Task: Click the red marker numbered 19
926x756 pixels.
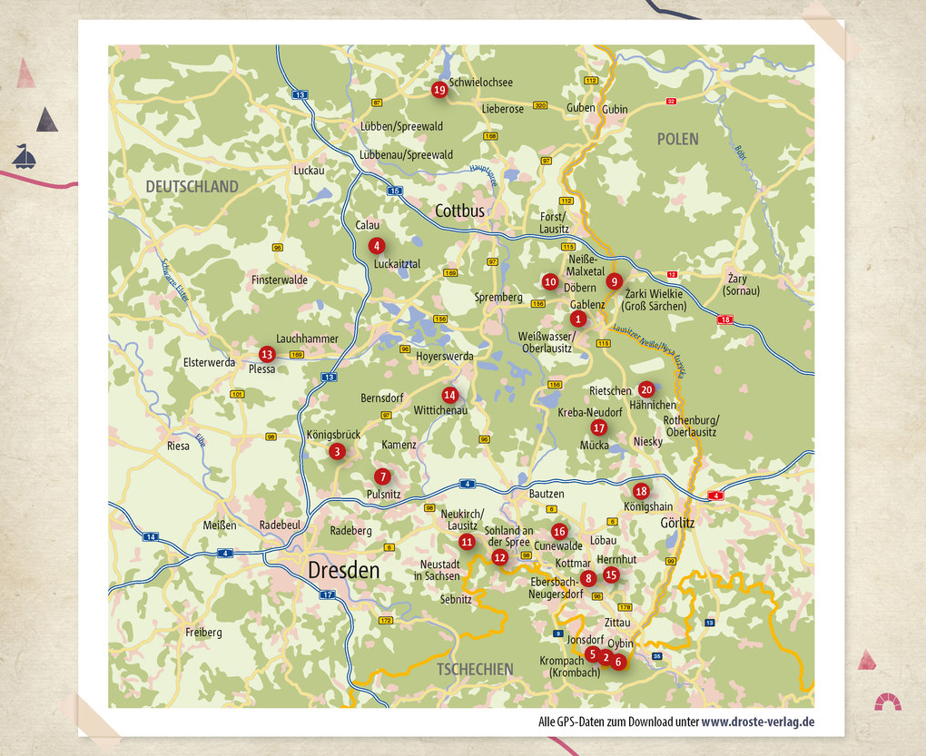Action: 439,89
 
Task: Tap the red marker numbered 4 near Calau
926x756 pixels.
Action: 376,245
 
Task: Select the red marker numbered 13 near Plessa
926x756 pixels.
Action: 266,354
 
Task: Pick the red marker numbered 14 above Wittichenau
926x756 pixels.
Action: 449,395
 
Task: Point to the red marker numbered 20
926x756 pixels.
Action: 646,389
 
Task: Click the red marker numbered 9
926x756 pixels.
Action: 615,281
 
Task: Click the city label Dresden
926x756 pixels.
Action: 343,571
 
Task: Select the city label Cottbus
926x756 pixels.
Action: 459,211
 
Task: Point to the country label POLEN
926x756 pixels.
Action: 678,139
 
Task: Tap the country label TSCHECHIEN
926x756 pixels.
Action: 475,669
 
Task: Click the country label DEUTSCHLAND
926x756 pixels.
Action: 192,187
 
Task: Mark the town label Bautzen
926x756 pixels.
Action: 547,494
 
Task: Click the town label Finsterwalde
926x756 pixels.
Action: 280,280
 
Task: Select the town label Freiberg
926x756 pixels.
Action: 203,632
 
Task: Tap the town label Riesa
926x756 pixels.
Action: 178,446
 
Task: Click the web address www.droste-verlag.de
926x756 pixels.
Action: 757,722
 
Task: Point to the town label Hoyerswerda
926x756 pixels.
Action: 445,357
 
